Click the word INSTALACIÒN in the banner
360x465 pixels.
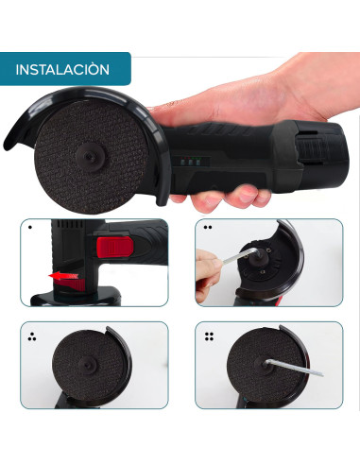tap(62, 70)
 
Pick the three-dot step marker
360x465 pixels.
tap(31, 336)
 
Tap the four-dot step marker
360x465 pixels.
tap(209, 336)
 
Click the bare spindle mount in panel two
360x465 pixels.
tap(262, 256)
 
